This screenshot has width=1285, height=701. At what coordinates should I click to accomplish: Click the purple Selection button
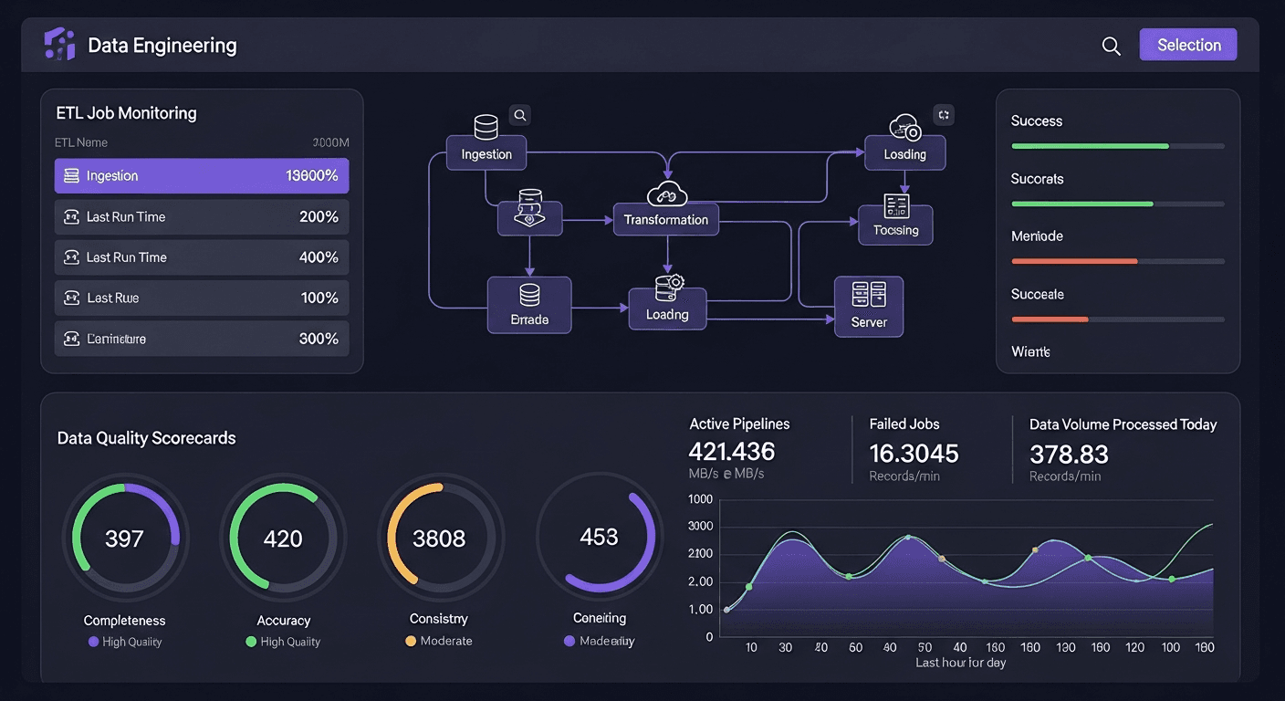pyautogui.click(x=1187, y=45)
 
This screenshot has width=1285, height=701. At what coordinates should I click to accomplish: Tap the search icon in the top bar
pyautogui.click(x=1111, y=46)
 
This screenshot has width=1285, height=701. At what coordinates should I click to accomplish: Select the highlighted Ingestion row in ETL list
pyautogui.click(x=201, y=175)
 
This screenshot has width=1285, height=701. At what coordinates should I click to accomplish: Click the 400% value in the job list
pyautogui.click(x=319, y=257)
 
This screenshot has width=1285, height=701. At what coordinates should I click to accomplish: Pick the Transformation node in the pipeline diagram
pyautogui.click(x=665, y=219)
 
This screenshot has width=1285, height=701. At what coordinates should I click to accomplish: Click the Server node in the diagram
pyautogui.click(x=868, y=307)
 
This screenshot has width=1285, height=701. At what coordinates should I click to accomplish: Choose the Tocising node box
pyautogui.click(x=895, y=225)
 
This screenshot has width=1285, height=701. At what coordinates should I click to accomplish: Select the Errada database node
pyautogui.click(x=529, y=306)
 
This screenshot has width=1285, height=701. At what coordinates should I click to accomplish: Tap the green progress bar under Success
pyautogui.click(x=1090, y=146)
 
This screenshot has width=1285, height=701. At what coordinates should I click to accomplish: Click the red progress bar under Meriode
pyautogui.click(x=1074, y=261)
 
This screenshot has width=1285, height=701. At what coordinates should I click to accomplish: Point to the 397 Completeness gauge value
pyautogui.click(x=124, y=539)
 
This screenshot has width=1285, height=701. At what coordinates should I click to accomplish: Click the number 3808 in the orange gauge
pyautogui.click(x=439, y=539)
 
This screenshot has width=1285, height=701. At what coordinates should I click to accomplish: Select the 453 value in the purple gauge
pyautogui.click(x=599, y=537)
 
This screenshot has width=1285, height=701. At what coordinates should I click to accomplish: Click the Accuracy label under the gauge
pyautogui.click(x=283, y=621)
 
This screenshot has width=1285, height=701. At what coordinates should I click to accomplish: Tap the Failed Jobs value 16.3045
pyautogui.click(x=914, y=453)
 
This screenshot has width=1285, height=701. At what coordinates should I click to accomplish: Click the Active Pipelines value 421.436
pyautogui.click(x=731, y=451)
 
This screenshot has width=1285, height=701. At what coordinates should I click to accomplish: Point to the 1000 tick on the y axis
pyautogui.click(x=700, y=499)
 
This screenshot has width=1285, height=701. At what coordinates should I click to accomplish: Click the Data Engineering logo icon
pyautogui.click(x=59, y=44)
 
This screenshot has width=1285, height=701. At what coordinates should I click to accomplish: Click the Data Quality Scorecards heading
pyautogui.click(x=146, y=438)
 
